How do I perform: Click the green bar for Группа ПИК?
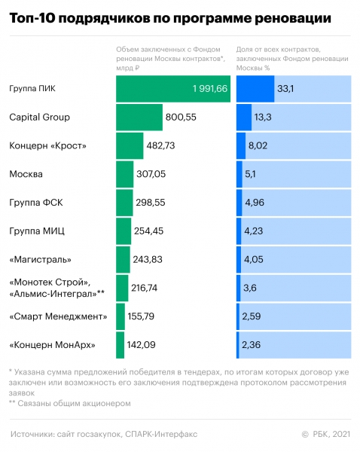[x=173, y=89]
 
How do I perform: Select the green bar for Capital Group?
[x=139, y=118]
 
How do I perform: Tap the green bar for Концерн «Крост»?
[x=130, y=145]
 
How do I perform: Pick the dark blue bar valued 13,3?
[x=244, y=118]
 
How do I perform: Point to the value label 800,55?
[x=181, y=118]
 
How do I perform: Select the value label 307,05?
[x=151, y=174]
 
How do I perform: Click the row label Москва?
[x=26, y=174]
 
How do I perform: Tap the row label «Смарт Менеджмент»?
[x=58, y=316]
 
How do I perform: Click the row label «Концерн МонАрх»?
[x=52, y=345]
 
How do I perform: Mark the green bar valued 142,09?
[x=121, y=345]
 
